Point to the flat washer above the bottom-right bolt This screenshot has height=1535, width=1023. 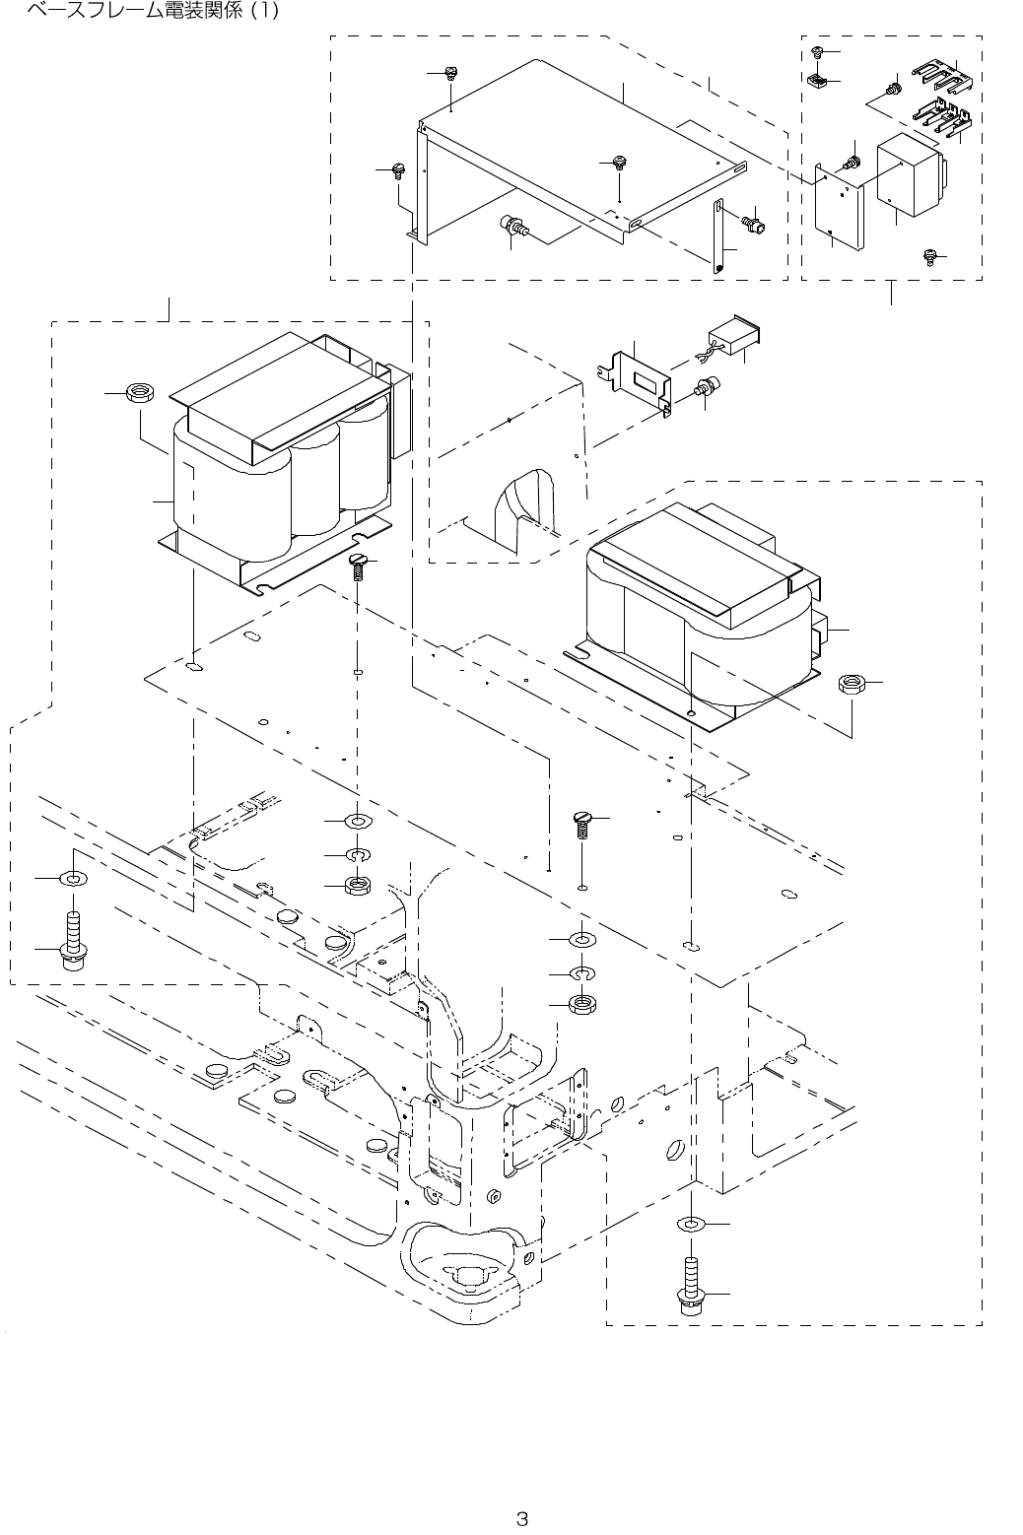click(691, 1224)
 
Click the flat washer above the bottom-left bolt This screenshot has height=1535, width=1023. click(73, 876)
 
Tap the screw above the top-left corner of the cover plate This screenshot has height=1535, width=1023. click(450, 73)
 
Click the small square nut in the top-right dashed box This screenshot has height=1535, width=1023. click(816, 80)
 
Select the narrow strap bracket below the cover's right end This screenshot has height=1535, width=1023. click(719, 235)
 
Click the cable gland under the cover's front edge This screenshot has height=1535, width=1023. click(514, 228)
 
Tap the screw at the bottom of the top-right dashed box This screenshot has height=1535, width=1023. click(928, 256)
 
